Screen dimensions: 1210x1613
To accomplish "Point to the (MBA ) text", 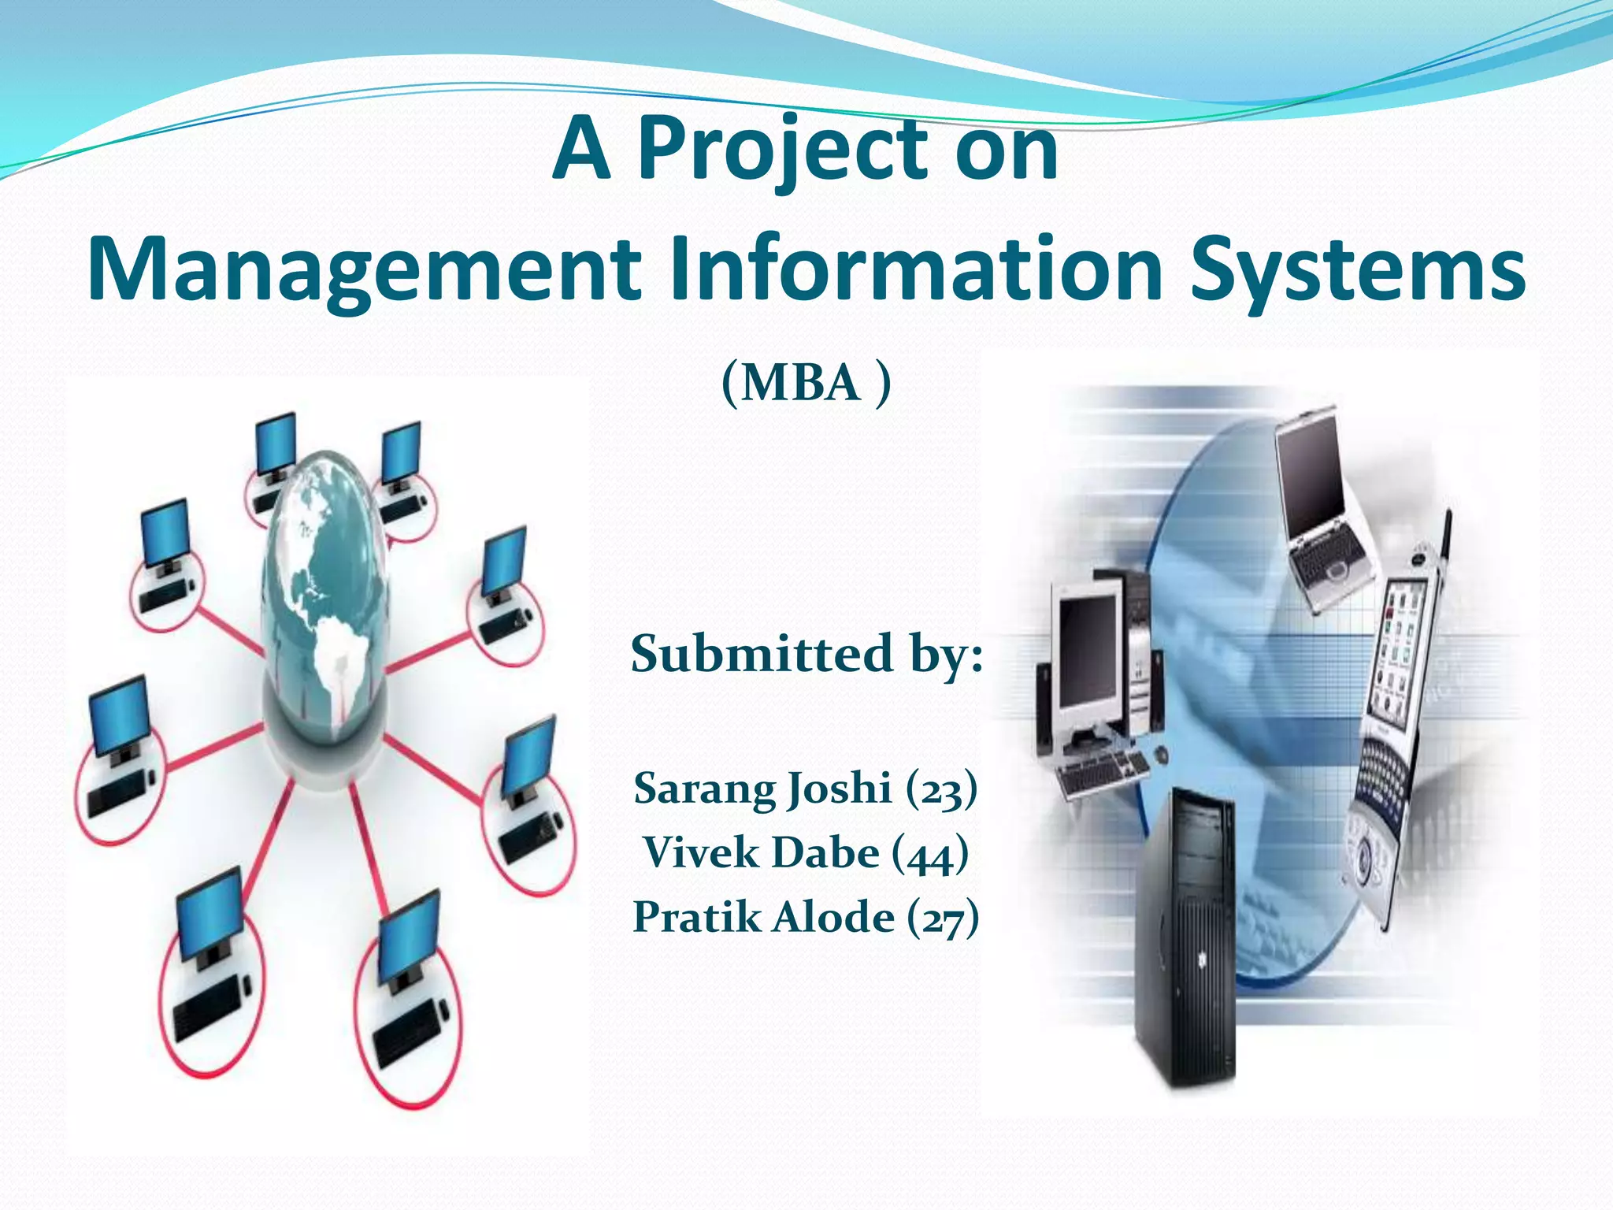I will click(x=806, y=384).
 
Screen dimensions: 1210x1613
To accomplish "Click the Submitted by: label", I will click(x=806, y=654).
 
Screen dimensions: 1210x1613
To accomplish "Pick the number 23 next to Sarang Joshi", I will click(x=941, y=790).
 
